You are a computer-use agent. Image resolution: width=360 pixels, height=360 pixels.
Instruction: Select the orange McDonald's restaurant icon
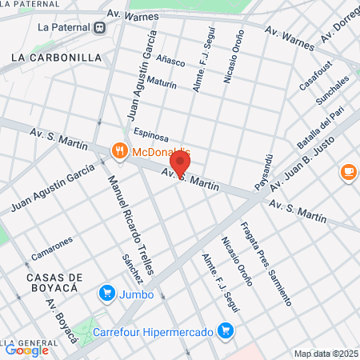click(119, 150)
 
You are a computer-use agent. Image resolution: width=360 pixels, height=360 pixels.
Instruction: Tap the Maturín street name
click(161, 82)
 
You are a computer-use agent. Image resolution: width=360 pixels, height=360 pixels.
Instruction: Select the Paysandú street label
click(266, 172)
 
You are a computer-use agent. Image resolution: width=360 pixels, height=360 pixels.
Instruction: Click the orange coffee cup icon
click(348, 171)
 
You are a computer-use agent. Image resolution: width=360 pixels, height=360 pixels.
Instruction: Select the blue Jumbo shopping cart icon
click(106, 294)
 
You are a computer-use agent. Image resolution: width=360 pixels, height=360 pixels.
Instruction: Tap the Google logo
click(26, 350)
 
